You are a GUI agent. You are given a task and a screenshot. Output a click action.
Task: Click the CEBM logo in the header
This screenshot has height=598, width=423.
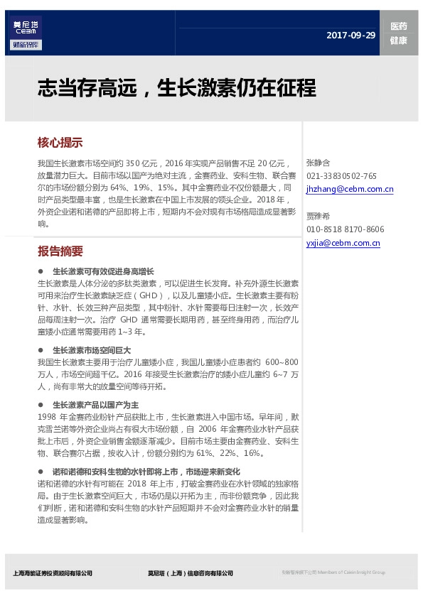(26, 27)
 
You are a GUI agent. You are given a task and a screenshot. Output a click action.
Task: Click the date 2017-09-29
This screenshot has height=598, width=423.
(351, 36)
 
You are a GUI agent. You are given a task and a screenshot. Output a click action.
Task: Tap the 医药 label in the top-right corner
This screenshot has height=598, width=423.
(399, 26)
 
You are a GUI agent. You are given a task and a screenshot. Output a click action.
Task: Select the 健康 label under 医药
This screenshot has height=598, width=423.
(399, 40)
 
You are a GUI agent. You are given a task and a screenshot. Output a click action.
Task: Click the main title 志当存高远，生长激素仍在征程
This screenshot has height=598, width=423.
(176, 89)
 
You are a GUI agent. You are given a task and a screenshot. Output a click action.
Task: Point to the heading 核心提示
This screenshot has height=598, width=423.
(60, 142)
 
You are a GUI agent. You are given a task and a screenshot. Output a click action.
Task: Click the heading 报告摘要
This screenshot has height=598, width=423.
(60, 251)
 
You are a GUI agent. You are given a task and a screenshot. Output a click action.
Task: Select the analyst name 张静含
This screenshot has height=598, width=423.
(318, 163)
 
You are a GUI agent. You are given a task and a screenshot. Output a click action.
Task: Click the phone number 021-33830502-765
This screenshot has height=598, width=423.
(341, 176)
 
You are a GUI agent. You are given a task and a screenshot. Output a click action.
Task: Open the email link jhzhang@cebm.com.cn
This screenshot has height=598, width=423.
(349, 190)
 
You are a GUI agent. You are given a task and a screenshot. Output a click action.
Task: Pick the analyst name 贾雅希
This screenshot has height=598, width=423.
(318, 216)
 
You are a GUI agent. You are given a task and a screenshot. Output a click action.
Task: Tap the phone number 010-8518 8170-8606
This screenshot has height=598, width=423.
(345, 229)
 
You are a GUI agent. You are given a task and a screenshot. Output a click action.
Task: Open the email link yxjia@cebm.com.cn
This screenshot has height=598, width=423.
(343, 243)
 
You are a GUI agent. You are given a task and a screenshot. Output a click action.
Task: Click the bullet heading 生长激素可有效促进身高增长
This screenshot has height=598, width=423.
(103, 272)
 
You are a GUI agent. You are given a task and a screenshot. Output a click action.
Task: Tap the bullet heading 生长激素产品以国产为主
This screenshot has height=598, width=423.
(95, 405)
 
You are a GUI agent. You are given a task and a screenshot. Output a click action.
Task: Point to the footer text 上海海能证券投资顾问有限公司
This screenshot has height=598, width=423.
(53, 573)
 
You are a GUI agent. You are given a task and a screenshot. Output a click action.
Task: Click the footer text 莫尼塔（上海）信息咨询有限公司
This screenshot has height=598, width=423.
(190, 573)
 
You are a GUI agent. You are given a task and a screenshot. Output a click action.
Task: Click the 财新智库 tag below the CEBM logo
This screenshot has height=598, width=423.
(26, 45)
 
